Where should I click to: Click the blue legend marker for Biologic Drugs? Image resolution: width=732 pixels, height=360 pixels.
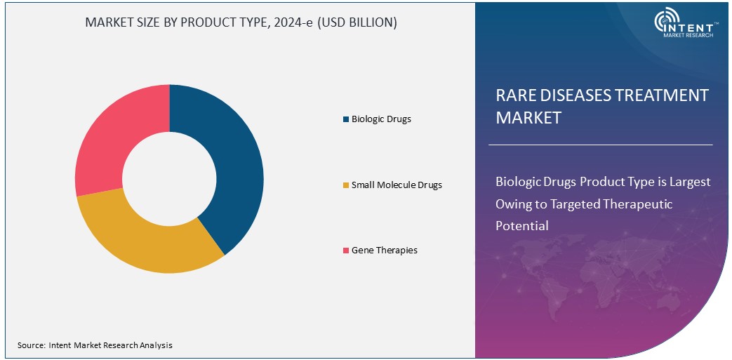(345, 119)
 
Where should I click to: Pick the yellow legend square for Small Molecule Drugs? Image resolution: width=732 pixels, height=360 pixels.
(345, 185)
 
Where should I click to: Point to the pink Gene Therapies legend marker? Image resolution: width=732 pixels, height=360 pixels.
(345, 251)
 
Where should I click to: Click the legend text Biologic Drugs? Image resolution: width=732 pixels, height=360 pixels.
(381, 119)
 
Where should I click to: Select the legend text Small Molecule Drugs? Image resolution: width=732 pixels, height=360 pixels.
(397, 185)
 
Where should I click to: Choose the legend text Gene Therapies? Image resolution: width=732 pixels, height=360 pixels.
(385, 251)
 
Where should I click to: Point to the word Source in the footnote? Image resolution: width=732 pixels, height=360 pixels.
(31, 345)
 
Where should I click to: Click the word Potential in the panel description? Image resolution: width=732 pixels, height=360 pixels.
(521, 226)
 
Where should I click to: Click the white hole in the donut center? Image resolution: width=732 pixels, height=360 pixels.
(169, 178)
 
